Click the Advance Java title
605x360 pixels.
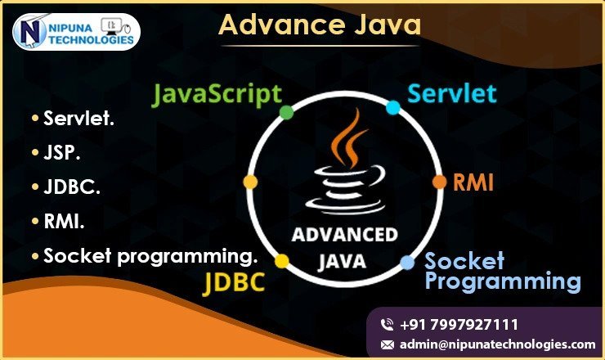pos(320,25)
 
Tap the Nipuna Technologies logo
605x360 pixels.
pos(76,32)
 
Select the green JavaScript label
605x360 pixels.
pos(217,95)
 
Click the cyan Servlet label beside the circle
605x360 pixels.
pos(452,93)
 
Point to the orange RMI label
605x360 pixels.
pos(473,182)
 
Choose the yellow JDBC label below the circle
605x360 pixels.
pos(234,282)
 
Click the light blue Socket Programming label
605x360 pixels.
pos(503,272)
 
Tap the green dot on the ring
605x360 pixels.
pos(286,112)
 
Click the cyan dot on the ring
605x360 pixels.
pos(393,107)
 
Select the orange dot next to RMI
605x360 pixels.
pos(440,182)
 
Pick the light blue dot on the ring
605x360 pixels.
pos(407,263)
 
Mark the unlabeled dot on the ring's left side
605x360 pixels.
pos(250,182)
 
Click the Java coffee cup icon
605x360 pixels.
pos(346,162)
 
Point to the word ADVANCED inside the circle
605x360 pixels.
pos(344,235)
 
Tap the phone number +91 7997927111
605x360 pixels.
pos(459,325)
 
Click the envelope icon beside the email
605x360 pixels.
pos(388,344)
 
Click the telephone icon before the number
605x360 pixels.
pos(387,325)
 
